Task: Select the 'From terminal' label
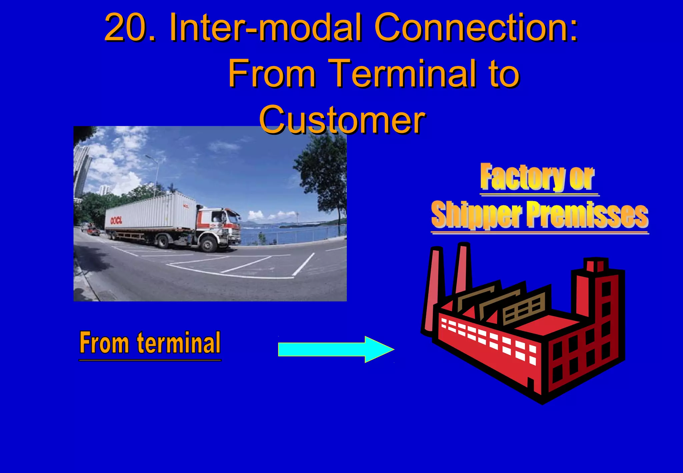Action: [150, 343]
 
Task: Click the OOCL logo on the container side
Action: [116, 220]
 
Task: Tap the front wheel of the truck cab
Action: [209, 245]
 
